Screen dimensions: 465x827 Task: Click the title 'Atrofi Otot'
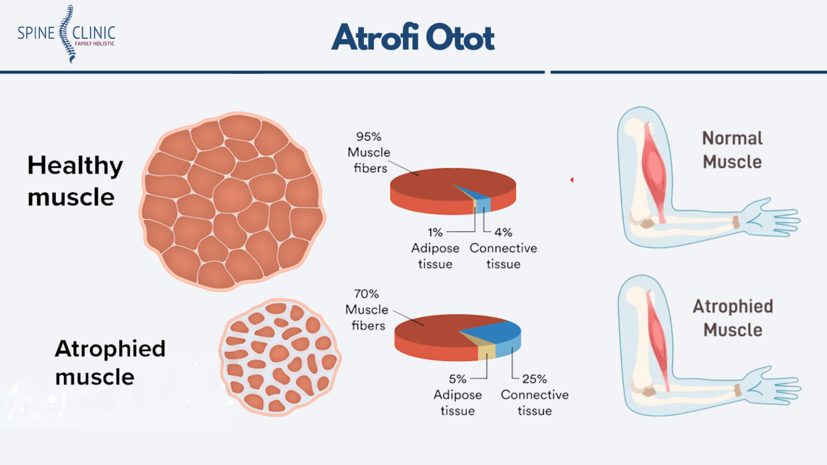(x=413, y=37)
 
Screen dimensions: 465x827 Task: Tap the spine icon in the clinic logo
(x=66, y=33)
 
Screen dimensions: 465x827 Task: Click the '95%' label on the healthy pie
(x=368, y=137)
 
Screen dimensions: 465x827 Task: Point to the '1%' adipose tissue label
(x=435, y=232)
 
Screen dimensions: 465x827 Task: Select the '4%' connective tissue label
(x=503, y=232)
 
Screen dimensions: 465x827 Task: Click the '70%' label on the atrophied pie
(x=366, y=294)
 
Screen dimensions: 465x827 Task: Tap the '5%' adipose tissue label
(x=457, y=379)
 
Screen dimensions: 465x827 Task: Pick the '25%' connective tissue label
(x=534, y=379)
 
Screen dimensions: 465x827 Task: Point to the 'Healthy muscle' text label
(x=75, y=181)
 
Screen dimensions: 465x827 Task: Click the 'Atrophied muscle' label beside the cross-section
(x=109, y=362)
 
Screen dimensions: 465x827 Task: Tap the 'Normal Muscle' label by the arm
(x=732, y=150)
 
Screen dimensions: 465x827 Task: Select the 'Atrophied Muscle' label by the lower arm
(x=733, y=318)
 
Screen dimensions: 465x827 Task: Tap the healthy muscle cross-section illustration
(x=233, y=201)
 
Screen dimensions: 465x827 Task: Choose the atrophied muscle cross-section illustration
(x=280, y=357)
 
